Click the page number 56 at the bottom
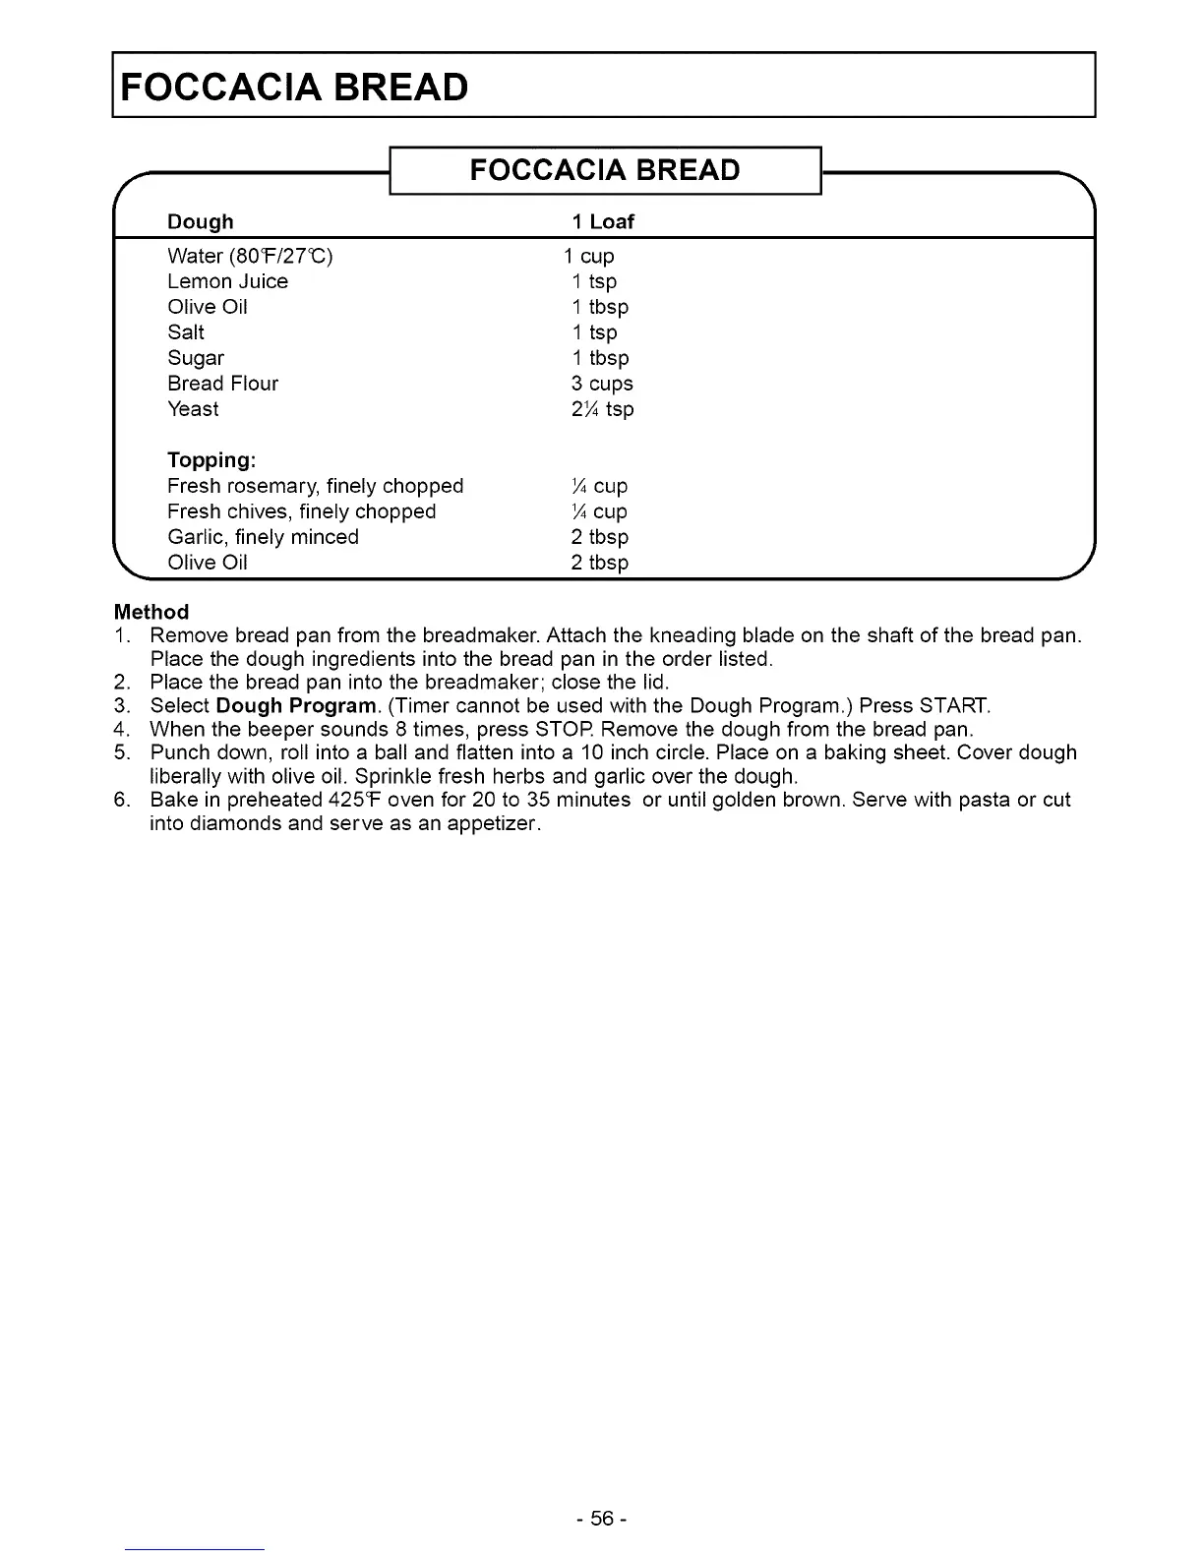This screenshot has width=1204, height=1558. pos(602,1519)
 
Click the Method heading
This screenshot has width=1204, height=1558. pos(151,612)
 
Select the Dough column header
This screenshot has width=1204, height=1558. pos(201,221)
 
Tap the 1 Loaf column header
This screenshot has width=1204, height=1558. pos(603,221)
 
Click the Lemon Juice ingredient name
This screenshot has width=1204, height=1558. pos(228,281)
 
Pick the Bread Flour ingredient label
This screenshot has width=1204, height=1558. pos(223,384)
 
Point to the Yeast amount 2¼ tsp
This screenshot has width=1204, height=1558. pos(602,409)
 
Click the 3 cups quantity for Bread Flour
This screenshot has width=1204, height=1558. pos(602,384)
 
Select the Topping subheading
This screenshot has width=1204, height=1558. pos(211,460)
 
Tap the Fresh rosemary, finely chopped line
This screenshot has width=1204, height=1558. pos(315,486)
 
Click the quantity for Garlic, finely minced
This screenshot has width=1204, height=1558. pos(599,537)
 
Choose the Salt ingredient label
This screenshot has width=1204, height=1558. pos(186,332)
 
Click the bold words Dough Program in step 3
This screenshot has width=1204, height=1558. pos(295,706)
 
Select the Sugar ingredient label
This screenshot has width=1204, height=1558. pos(196,358)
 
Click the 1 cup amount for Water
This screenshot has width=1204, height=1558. pos(589,256)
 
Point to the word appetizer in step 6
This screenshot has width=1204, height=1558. pos(493,823)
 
